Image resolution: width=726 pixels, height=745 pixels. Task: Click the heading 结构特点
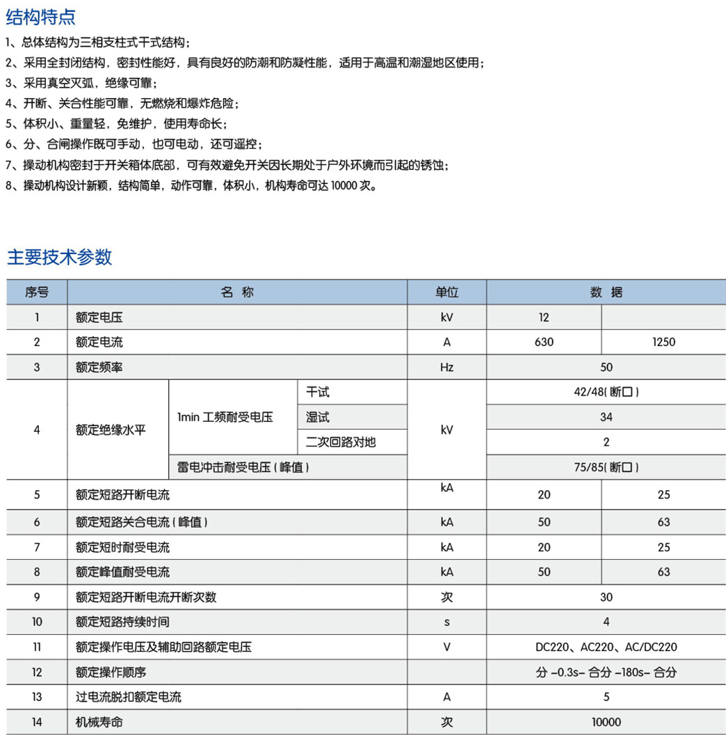click(41, 17)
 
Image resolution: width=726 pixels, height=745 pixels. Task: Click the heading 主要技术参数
click(59, 257)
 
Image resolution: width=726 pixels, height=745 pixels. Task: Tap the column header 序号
click(37, 292)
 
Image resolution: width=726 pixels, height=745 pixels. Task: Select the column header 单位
click(446, 292)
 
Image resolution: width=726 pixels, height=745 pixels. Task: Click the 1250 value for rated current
click(663, 342)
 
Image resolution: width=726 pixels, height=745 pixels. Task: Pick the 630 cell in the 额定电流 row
click(544, 342)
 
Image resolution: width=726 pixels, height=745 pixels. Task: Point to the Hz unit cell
click(446, 367)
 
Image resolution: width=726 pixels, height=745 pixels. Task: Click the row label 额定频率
click(99, 367)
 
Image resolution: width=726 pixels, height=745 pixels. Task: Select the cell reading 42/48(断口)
click(606, 392)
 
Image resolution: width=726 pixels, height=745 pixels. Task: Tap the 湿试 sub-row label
click(318, 417)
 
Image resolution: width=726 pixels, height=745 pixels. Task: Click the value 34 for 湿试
click(606, 417)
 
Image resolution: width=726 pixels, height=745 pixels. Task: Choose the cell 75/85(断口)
click(606, 467)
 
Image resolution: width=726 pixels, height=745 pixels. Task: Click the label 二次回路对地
click(341, 442)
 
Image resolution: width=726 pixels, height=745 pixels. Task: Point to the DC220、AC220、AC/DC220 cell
click(606, 647)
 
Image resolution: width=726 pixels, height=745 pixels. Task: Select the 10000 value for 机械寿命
click(606, 722)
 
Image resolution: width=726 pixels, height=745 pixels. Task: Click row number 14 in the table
click(37, 722)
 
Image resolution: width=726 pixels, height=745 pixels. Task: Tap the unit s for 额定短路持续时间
click(446, 622)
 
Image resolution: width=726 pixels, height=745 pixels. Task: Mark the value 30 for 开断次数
click(606, 597)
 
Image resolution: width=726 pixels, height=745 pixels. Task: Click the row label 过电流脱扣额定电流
click(129, 697)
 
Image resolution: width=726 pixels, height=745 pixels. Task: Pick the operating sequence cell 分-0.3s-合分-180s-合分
click(606, 672)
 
